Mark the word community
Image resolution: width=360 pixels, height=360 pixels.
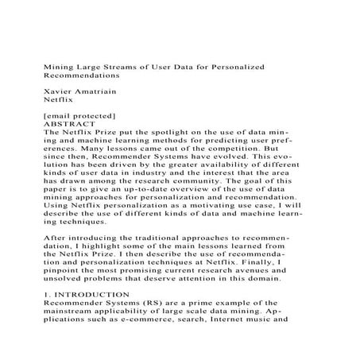(x=203, y=182)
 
